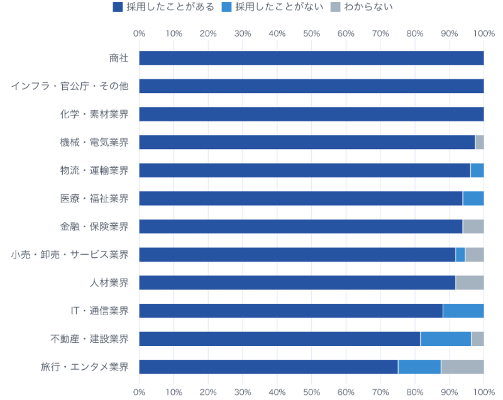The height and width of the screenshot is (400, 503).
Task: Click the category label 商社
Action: pyautogui.click(x=118, y=58)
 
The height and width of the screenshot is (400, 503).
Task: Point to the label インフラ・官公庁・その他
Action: pyautogui.click(x=70, y=86)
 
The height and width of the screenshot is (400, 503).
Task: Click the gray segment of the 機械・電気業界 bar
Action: pyautogui.click(x=480, y=142)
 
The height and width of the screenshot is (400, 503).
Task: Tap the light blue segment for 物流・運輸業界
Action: pyautogui.click(x=477, y=170)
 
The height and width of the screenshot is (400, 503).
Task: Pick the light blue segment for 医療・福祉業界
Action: pyautogui.click(x=473, y=198)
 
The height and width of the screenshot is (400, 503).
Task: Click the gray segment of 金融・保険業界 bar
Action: pyautogui.click(x=473, y=226)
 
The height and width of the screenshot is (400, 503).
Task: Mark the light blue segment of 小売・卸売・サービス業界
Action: pyautogui.click(x=460, y=255)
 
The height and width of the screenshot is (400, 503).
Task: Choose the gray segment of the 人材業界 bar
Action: pyautogui.click(x=470, y=282)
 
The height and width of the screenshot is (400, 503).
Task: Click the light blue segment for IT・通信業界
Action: pyautogui.click(x=463, y=311)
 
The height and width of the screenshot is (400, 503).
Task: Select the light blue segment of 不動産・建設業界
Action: pyautogui.click(x=446, y=339)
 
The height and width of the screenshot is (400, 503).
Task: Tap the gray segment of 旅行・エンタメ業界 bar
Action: pyautogui.click(x=463, y=367)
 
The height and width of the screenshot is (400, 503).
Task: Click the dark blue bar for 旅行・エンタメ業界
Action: pyautogui.click(x=268, y=367)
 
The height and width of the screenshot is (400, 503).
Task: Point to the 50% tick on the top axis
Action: pyautogui.click(x=312, y=33)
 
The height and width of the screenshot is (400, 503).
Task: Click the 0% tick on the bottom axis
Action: pyautogui.click(x=140, y=392)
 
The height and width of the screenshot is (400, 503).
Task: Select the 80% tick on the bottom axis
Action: pyautogui.click(x=415, y=392)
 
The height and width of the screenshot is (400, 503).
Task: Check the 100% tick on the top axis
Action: pyautogui.click(x=483, y=33)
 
